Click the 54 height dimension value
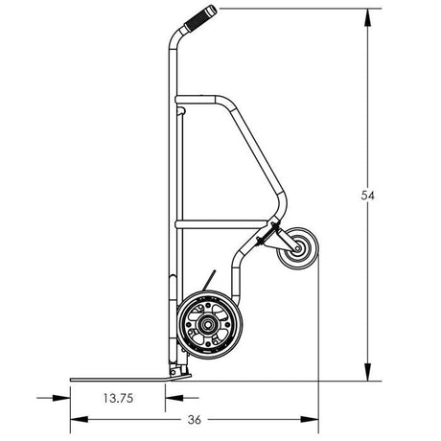click(x=367, y=195)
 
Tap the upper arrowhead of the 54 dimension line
click(x=367, y=12)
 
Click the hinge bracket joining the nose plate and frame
click(x=174, y=370)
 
